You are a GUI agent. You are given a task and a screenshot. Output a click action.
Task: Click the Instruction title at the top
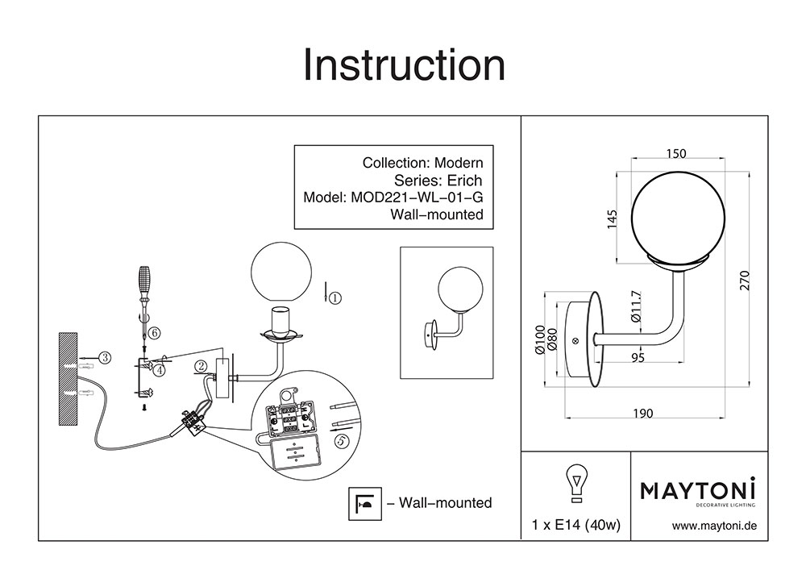[x=403, y=64]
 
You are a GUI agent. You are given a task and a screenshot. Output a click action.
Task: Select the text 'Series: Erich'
[x=438, y=180]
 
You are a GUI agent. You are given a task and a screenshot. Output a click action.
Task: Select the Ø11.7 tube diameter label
[x=636, y=307]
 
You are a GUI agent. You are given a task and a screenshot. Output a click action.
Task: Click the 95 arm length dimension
[x=638, y=359]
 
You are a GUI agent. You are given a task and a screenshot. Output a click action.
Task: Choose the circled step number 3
[x=104, y=356]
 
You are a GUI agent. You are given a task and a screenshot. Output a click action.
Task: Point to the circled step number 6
[x=155, y=331]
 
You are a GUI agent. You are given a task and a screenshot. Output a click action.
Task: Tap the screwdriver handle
[x=145, y=281]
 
